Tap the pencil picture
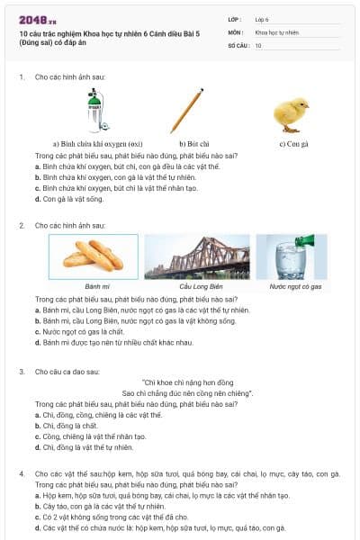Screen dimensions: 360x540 (x=187, y=110)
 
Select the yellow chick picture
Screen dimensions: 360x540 (x=292, y=112)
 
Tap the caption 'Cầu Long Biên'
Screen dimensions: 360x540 (x=197, y=286)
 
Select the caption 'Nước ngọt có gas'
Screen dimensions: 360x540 (x=291, y=286)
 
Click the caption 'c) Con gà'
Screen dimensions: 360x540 (x=293, y=143)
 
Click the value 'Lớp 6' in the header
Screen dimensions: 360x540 (x=262, y=19)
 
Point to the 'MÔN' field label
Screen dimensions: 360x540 (x=235, y=31)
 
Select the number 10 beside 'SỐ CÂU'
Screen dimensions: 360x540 (x=258, y=44)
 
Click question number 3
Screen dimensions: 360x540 (x=21, y=371)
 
